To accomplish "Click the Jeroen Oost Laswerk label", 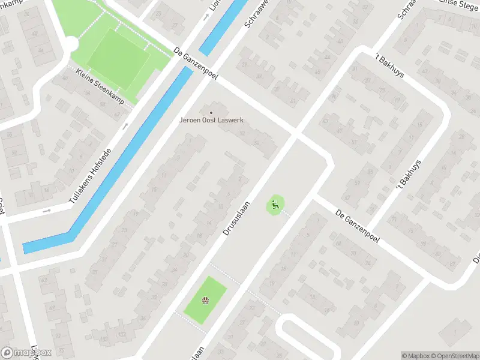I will (211, 119).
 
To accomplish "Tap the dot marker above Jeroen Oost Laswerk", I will (211, 112).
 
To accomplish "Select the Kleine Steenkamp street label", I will (100, 88).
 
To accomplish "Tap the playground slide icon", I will (275, 205).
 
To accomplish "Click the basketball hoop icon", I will (205, 300).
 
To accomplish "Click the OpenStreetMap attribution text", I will (454, 356).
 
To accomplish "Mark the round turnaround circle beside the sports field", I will (70, 44).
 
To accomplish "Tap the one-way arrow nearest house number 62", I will (125, 126).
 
